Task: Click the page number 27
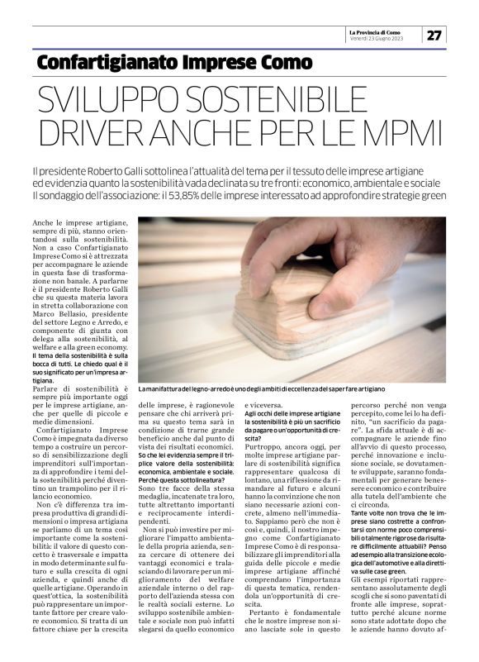tap(434, 35)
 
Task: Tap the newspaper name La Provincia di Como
tap(376, 30)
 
